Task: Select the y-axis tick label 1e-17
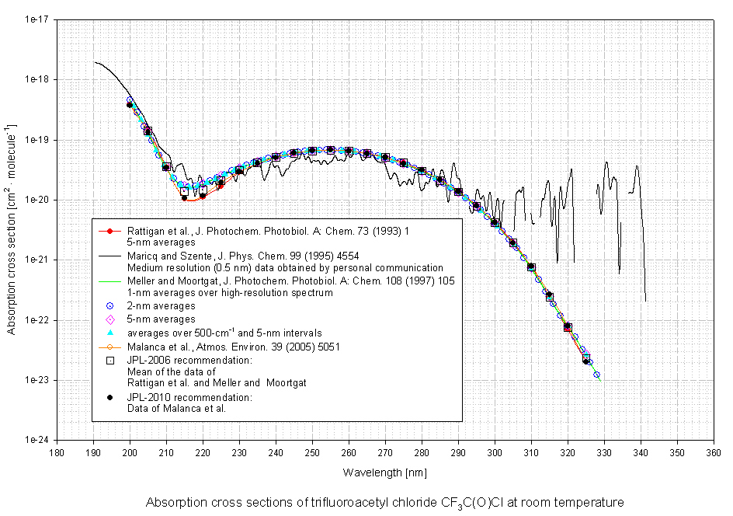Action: [37, 19]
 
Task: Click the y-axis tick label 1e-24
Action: [37, 440]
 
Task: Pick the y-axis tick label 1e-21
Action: [37, 260]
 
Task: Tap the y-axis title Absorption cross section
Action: [11, 229]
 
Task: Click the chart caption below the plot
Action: [385, 502]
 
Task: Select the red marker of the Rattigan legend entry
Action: [110, 231]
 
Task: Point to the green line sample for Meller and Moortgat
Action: [110, 281]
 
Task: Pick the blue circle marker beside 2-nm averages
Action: [110, 306]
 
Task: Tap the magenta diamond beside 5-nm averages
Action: [110, 319]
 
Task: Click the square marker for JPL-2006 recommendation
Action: [110, 360]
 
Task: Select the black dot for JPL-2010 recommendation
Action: [110, 397]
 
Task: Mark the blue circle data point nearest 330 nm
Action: [597, 375]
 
